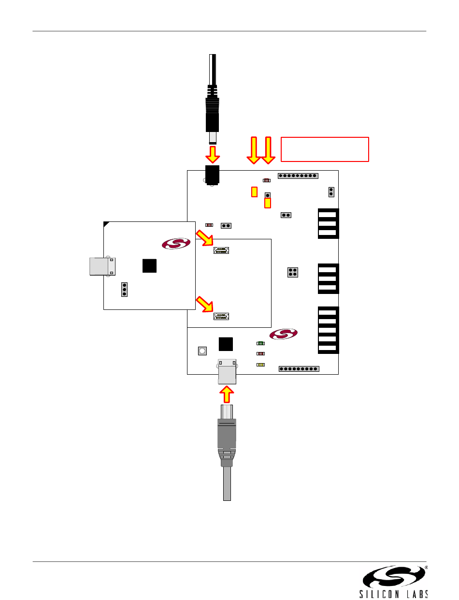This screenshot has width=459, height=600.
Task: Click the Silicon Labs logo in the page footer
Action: point(393,581)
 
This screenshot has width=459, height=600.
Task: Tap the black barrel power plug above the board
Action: point(212,99)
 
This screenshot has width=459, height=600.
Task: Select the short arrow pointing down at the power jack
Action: point(213,155)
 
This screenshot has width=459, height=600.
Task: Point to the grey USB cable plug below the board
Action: point(227,452)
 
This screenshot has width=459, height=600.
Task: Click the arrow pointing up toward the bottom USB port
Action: point(227,395)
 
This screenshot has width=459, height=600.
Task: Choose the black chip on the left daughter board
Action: point(149,265)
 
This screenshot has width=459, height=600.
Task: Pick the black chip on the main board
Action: point(226,344)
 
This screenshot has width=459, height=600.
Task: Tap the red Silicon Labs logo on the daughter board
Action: point(176,244)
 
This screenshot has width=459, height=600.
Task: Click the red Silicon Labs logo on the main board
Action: point(284,334)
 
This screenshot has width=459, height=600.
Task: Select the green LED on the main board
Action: point(261,343)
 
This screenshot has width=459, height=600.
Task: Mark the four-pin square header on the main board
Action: point(293,272)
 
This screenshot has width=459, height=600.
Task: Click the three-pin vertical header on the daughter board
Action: point(124,290)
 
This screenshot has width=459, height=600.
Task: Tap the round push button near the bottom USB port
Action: point(202,351)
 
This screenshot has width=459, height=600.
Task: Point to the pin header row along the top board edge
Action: point(298,176)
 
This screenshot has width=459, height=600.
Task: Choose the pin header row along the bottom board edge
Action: point(299,369)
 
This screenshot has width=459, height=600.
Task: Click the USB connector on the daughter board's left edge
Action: point(102,266)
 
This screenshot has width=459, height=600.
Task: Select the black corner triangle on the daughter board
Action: point(106,224)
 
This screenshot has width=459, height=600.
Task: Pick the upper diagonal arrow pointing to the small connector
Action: point(204,238)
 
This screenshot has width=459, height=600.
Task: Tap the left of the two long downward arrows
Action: point(254,150)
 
